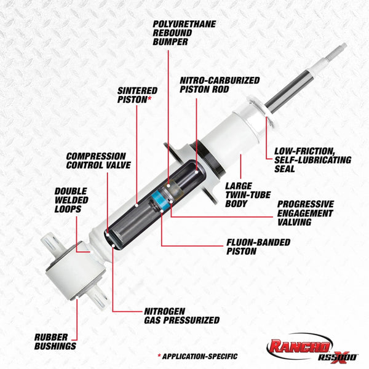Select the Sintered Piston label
[137, 93]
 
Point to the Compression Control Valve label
[97, 161]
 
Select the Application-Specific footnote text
[197, 356]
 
